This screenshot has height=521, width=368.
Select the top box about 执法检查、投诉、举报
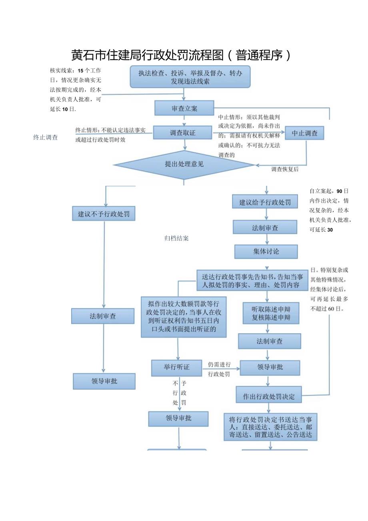click(190, 77)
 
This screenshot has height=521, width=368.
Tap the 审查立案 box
click(184, 108)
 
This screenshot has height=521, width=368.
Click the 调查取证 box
click(182, 133)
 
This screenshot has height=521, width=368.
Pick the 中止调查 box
click(304, 133)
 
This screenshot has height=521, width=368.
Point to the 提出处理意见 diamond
click(184, 164)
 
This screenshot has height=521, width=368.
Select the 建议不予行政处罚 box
click(104, 213)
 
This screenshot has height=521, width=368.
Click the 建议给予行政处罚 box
click(265, 202)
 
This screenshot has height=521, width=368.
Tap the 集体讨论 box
click(266, 251)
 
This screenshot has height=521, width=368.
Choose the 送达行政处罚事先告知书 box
click(252, 280)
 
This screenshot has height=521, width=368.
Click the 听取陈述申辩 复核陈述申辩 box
click(271, 313)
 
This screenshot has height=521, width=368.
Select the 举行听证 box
click(176, 367)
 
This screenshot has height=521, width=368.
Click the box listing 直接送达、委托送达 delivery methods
click(270, 427)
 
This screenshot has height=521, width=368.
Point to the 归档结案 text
click(176, 238)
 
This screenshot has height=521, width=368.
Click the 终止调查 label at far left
click(45, 137)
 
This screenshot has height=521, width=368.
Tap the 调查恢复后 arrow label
click(285, 169)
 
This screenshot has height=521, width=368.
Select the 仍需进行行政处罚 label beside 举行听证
click(219, 369)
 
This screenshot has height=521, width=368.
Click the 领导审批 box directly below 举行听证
click(178, 418)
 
